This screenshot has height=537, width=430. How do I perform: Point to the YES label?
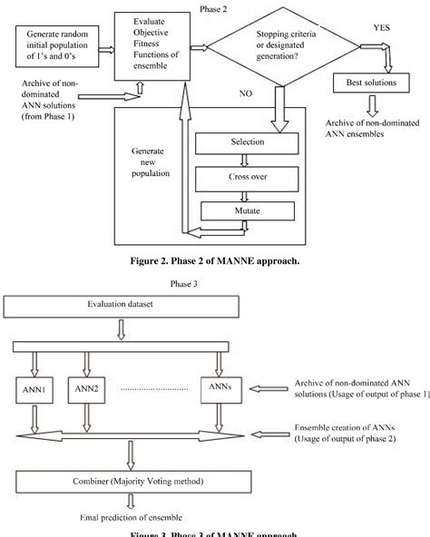(383, 28)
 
